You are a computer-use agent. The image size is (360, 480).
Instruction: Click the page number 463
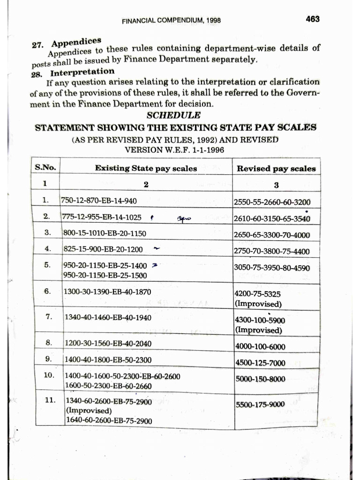pos(312,19)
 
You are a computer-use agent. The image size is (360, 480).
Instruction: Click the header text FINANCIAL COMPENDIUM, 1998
pos(171,21)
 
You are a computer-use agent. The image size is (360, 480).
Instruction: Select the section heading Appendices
pos(76,43)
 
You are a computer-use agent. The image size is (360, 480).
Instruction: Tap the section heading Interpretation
pos(82,72)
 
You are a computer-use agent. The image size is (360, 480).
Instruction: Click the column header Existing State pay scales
pos(146,168)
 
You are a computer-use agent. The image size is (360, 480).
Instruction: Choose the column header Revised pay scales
pos(276,169)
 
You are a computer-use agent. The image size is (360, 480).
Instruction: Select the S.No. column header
pos(45,167)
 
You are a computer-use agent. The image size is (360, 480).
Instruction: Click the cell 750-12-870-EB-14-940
pos(99,201)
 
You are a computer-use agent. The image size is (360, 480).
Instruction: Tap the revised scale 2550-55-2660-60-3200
pos(272,202)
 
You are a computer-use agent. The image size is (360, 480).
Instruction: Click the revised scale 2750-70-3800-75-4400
pos(272,251)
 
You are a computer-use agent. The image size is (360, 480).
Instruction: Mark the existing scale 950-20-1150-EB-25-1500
pos(105,275)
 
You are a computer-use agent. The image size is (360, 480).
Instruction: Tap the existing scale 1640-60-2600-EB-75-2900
pos(109,420)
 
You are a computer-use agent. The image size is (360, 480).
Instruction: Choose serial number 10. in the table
pos(49,375)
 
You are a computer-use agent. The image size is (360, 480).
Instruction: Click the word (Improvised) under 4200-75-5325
pos(258,304)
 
